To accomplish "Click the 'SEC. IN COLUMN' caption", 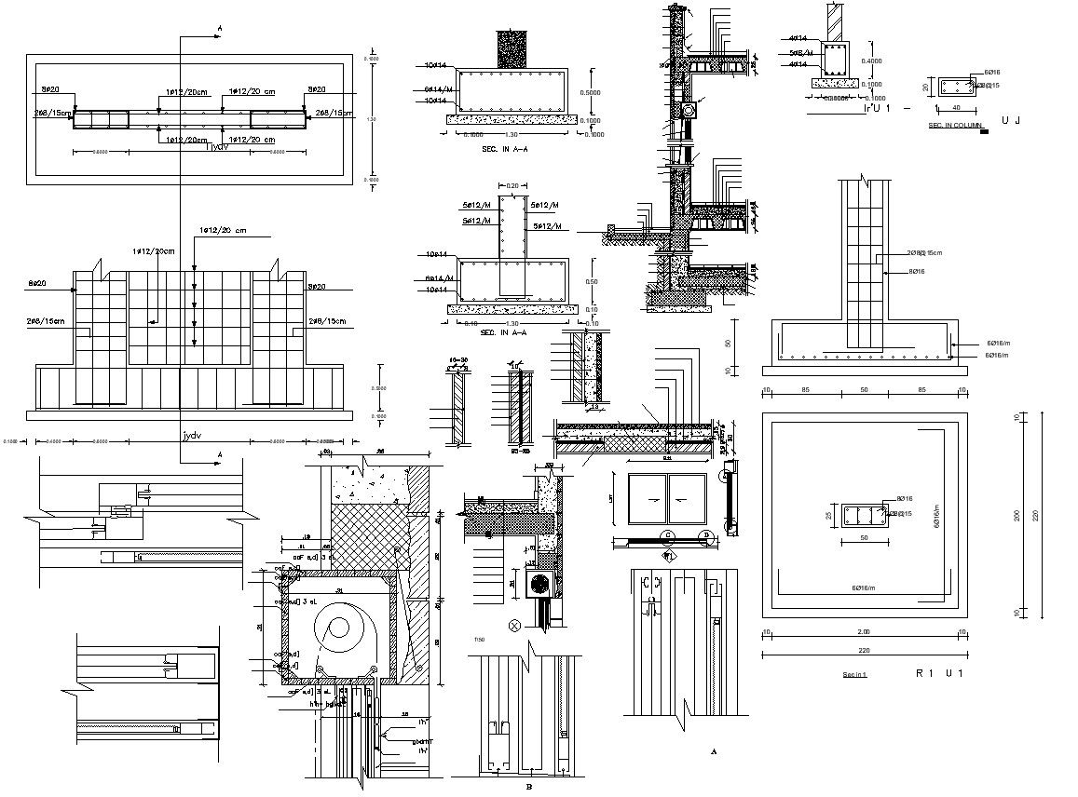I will click(955, 125).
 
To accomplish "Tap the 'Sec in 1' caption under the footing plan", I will click(855, 673).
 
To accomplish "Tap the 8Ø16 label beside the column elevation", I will click(917, 271).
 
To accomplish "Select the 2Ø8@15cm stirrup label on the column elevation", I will click(924, 252).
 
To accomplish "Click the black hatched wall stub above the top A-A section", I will click(512, 47).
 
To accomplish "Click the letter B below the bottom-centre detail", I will click(528, 786).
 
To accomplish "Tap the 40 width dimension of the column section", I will click(955, 106).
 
